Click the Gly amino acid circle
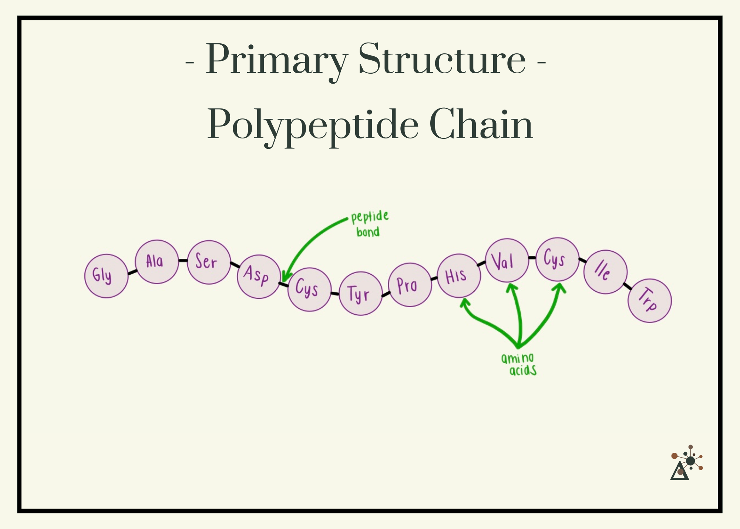[106, 276]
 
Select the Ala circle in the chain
[157, 262]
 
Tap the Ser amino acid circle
[209, 262]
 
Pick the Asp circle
[259, 276]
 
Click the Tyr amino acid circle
[360, 294]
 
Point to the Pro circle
[410, 285]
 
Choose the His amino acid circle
[459, 276]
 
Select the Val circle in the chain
[507, 260]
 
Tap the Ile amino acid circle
[605, 272]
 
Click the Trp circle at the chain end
[649, 301]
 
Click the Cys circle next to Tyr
[309, 289]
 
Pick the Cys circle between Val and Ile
[557, 259]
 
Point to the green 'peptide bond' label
[369, 224]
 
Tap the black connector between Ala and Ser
[183, 261]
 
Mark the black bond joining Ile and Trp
[628, 286]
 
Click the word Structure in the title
[442, 59]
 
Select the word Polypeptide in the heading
[313, 125]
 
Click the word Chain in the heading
[481, 124]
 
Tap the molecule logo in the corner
[686, 463]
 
